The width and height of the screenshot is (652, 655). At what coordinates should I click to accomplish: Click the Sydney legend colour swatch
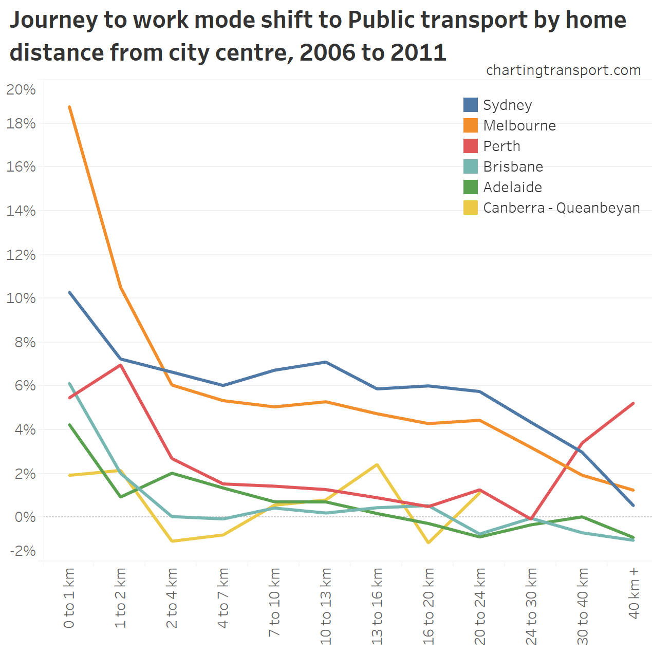click(x=470, y=105)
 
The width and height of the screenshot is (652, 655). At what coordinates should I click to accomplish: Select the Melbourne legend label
click(x=519, y=125)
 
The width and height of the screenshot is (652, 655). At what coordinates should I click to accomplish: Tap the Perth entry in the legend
click(x=501, y=146)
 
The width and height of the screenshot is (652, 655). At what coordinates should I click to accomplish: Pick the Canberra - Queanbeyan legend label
click(x=562, y=208)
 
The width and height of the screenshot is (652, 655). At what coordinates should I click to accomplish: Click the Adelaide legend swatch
click(x=470, y=187)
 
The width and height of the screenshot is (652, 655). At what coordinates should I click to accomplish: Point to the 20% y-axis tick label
click(x=21, y=90)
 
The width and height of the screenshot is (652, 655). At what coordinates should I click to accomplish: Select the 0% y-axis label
click(x=25, y=517)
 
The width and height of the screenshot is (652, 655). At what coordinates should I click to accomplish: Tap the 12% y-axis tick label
click(x=21, y=255)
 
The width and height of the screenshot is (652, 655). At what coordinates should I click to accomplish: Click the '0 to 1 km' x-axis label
click(x=69, y=598)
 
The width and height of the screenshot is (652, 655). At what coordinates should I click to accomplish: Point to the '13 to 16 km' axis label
click(x=377, y=606)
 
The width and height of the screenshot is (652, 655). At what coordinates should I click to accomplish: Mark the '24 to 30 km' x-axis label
click(x=531, y=606)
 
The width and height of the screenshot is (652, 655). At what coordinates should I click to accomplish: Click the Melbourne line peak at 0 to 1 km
click(x=69, y=107)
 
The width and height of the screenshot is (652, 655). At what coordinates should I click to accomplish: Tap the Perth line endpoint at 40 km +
click(x=634, y=403)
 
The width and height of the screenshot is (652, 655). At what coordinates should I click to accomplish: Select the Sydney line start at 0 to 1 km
click(x=69, y=292)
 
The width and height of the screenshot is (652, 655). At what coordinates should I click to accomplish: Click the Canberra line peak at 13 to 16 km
click(x=377, y=464)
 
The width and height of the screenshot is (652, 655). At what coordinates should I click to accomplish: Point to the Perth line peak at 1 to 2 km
click(x=120, y=365)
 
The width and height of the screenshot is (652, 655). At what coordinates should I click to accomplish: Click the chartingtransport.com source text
click(x=563, y=70)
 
